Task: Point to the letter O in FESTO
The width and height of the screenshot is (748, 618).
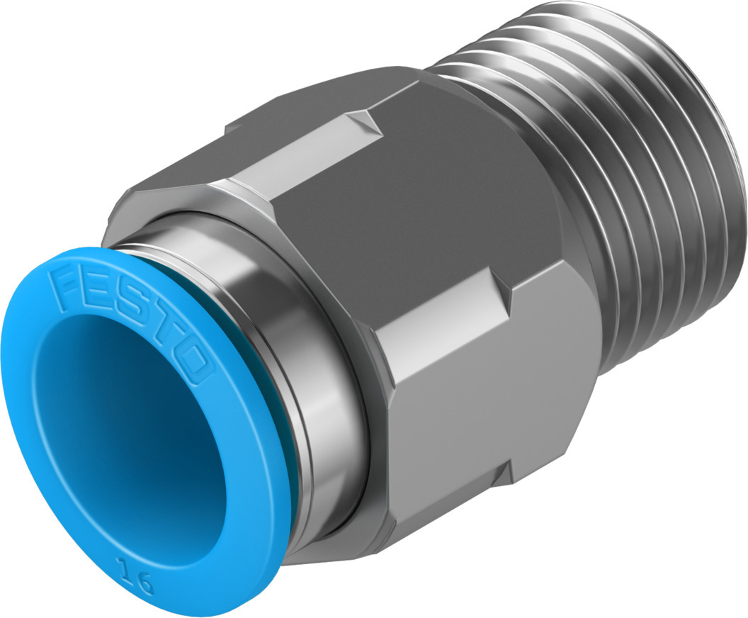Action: coord(193,364)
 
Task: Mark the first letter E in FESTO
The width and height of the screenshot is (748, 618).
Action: coord(100,293)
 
